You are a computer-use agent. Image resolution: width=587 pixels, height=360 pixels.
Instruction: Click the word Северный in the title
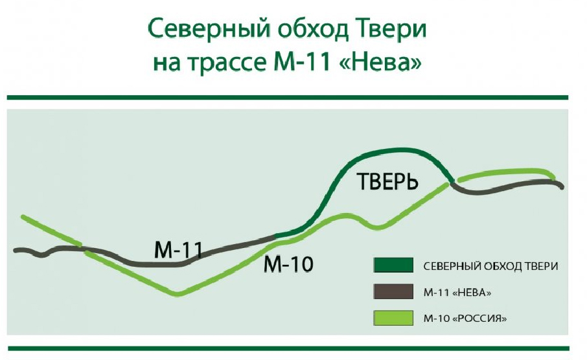click(x=209, y=29)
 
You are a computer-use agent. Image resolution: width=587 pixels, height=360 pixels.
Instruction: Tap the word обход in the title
click(x=313, y=28)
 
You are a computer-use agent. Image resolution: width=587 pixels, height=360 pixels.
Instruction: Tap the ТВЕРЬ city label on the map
click(x=387, y=181)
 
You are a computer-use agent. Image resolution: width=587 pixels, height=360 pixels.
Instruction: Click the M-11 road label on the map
click(x=178, y=250)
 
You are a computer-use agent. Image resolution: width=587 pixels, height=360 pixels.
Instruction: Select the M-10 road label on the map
click(x=288, y=264)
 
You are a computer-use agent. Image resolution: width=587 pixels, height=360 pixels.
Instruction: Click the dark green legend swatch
click(x=393, y=265)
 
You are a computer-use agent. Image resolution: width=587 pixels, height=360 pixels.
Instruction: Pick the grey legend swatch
click(x=393, y=291)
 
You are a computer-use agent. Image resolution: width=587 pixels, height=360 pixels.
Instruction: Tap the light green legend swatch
click(x=393, y=318)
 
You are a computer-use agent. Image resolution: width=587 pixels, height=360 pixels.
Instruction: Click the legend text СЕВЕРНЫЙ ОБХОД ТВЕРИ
click(x=491, y=266)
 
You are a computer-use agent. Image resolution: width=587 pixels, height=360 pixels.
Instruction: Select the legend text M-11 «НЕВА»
click(x=457, y=293)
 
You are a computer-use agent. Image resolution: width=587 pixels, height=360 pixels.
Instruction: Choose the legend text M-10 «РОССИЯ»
click(x=465, y=319)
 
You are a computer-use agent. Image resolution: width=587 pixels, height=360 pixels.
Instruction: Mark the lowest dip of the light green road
click(x=178, y=294)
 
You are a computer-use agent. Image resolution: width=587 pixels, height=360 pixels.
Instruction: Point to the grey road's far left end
click(x=15, y=250)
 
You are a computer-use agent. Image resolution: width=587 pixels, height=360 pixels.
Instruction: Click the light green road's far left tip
click(x=23, y=217)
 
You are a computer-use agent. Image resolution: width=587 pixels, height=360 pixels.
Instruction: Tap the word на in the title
click(x=165, y=64)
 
